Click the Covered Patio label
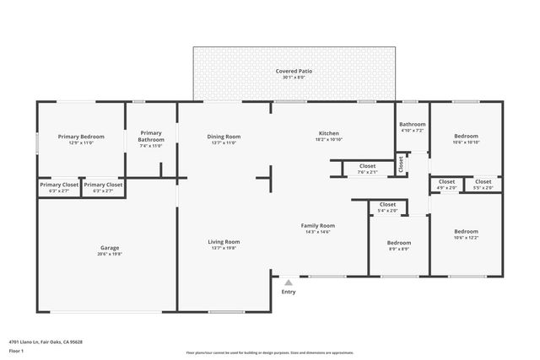[x=294, y=72]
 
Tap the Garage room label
[x=110, y=248]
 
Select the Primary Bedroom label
[x=81, y=137]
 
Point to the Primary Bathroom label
[x=151, y=136]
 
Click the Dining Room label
[x=224, y=137]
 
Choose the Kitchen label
[x=328, y=133]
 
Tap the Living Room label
[x=224, y=242]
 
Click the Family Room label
[x=319, y=226]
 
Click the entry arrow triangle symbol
[x=289, y=282]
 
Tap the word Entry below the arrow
[x=289, y=292]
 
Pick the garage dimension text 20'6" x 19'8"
[x=110, y=253]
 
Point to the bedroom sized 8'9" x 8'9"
[x=399, y=245]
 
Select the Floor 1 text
[x=17, y=350]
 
